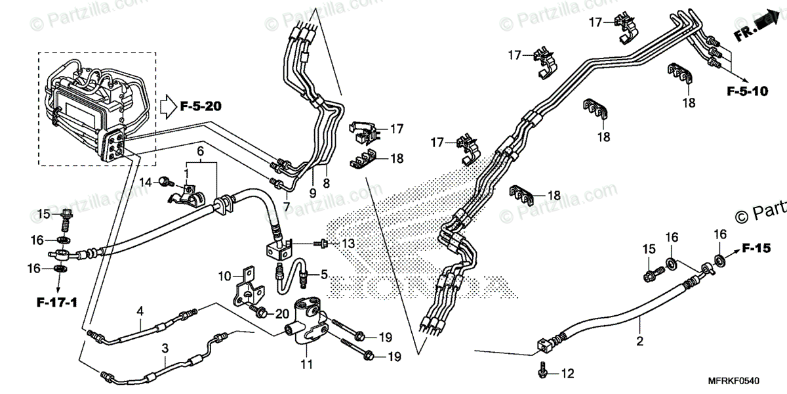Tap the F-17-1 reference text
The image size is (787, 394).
pos(57,303)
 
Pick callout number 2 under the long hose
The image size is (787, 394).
pos(639,341)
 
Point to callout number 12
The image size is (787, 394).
pos(567,374)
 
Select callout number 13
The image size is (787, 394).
pos(348,244)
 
